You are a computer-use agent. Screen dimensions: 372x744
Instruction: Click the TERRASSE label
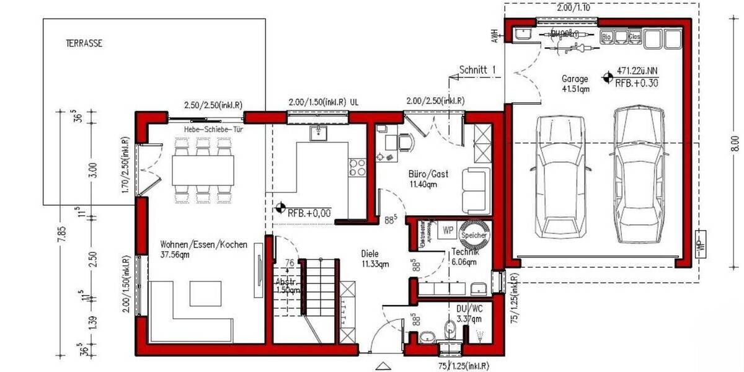pos(84,44)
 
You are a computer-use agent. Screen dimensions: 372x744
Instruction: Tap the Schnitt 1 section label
pos(477,71)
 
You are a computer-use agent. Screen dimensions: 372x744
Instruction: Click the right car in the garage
pos(639,175)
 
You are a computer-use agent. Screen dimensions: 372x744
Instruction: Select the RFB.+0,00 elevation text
pos(309,213)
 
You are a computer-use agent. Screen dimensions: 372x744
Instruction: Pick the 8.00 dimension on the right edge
pos(735,143)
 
